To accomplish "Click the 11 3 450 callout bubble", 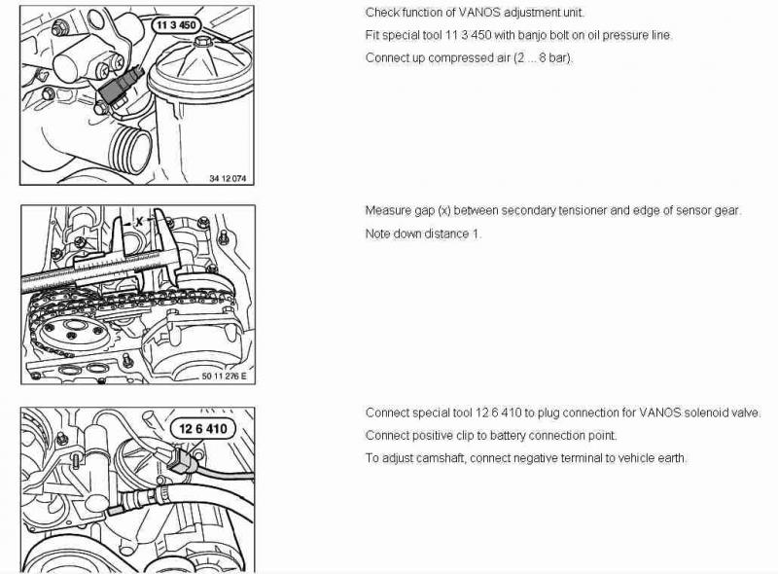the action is click(x=176, y=25).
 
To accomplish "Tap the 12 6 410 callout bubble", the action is click(x=202, y=428).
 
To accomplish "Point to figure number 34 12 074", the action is click(x=228, y=178).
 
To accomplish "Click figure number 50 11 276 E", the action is click(x=224, y=376).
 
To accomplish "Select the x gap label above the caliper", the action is click(x=139, y=222).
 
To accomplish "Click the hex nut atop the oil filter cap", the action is click(x=202, y=41).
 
